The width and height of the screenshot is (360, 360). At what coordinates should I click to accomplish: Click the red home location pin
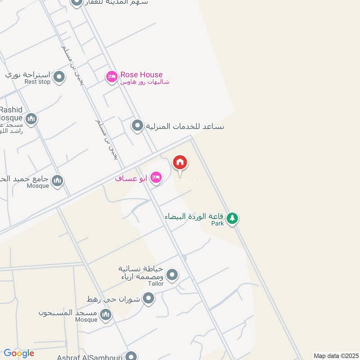[180, 163]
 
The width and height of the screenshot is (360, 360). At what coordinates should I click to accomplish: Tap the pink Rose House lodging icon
[112, 77]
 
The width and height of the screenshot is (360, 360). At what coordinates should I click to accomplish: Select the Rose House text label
[141, 75]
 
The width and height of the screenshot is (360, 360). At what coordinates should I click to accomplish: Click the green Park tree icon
[232, 219]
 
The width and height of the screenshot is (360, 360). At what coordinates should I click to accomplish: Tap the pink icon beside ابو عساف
[156, 178]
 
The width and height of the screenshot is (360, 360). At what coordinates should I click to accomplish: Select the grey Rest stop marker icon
[58, 78]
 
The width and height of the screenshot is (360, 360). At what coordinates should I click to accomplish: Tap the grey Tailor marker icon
[172, 274]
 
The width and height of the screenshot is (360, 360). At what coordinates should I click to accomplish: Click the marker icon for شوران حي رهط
[148, 298]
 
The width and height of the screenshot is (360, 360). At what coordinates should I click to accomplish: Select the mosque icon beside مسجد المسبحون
[106, 315]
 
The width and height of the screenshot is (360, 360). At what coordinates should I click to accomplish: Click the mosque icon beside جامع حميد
[57, 181]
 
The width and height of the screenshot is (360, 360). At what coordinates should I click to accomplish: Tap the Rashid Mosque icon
[31, 119]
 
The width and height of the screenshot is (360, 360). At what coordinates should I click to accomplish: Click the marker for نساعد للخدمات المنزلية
[137, 126]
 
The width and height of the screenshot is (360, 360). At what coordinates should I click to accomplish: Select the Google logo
[18, 353]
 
